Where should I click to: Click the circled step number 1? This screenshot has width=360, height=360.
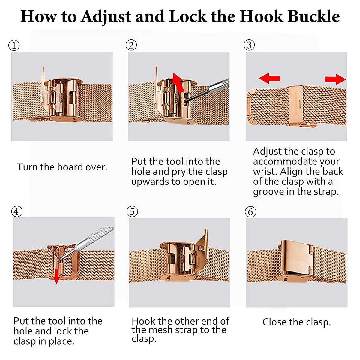tap(14, 45)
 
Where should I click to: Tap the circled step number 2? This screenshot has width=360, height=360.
tap(131, 45)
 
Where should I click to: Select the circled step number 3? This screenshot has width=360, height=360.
tap(249, 45)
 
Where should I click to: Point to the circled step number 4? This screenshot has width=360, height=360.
tap(17, 211)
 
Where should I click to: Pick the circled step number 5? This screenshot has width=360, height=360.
tap(132, 211)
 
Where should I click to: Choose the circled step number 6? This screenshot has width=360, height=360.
tap(251, 212)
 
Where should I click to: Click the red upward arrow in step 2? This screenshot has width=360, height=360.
tap(178, 83)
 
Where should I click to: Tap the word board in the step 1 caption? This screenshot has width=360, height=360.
tap(70, 167)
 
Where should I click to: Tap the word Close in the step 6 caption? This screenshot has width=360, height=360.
tap(274, 322)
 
